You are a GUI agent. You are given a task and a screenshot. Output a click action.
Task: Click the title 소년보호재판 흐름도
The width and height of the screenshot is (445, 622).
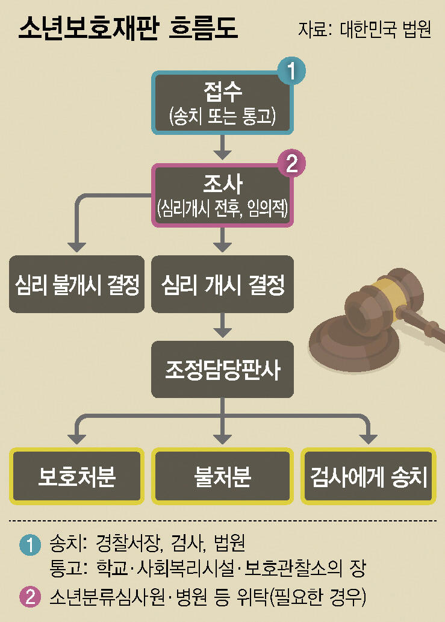click(128, 28)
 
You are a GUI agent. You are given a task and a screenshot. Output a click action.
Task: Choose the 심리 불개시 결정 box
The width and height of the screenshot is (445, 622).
click(76, 284)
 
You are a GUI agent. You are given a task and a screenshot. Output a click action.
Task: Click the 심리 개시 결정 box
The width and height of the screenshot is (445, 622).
click(223, 284)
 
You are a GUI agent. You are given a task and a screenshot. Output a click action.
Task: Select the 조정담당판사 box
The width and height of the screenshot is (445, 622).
click(223, 370)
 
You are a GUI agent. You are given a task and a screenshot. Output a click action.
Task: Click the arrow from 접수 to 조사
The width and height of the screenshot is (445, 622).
click(223, 145)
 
